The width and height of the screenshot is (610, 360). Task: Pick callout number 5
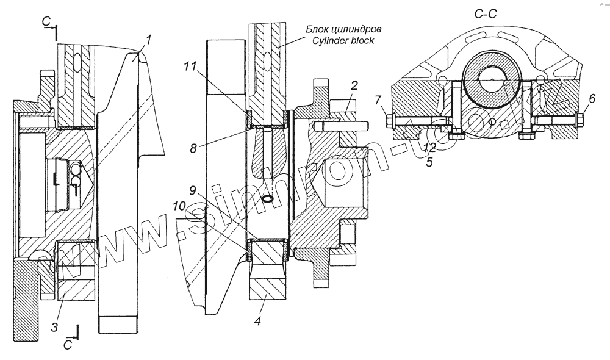click(430, 162)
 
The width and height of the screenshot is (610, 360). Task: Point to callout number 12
click(430, 147)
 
